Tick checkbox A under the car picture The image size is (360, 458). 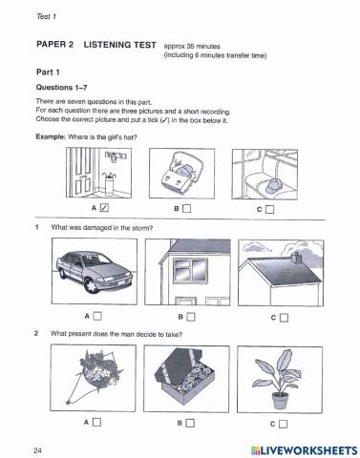(97, 316)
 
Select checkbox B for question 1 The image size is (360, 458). (191, 317)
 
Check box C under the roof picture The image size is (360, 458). (284, 318)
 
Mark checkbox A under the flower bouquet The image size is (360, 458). (96, 422)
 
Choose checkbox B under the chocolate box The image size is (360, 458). (190, 423)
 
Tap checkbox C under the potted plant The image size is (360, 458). (283, 424)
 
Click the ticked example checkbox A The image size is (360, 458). (104, 208)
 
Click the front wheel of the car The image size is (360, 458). (92, 285)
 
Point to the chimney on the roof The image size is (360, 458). (297, 258)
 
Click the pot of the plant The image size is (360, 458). (280, 401)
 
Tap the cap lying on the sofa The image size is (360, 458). (274, 185)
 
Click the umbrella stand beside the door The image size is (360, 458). (109, 185)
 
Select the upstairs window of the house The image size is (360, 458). (190, 269)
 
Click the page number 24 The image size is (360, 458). (37, 450)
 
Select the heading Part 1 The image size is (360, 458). (48, 73)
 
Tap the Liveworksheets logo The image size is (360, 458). (305, 450)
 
